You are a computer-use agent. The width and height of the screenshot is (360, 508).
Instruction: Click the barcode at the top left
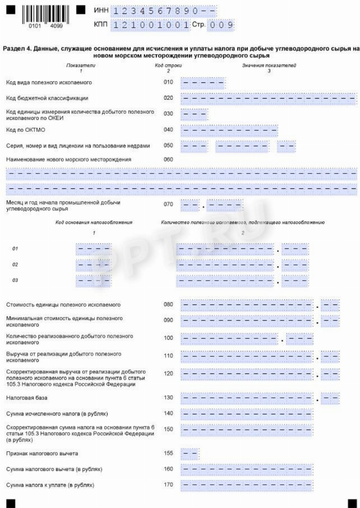(x=45, y=16)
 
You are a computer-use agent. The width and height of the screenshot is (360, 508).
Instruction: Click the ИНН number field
(x=164, y=11)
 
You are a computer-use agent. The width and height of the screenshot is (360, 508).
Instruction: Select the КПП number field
(x=150, y=25)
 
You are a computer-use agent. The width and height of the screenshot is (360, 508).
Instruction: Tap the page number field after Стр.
(x=221, y=25)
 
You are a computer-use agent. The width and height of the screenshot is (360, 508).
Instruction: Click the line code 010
(x=168, y=82)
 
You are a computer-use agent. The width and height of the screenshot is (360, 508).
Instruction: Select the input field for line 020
(x=269, y=98)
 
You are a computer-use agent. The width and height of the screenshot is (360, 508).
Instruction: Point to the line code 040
(x=168, y=130)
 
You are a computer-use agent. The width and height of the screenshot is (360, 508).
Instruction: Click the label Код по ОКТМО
(x=25, y=130)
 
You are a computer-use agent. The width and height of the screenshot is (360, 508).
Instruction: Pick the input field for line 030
(x=194, y=114)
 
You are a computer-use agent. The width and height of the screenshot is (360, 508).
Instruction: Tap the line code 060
(x=168, y=159)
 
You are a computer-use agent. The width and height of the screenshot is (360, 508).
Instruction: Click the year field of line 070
(x=224, y=205)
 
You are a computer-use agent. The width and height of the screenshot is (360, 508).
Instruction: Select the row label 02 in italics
(x=15, y=264)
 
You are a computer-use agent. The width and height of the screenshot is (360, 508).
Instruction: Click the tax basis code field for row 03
(x=93, y=281)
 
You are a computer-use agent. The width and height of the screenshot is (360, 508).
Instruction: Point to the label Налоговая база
(x=27, y=398)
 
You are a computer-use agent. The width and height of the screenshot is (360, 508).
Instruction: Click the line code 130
(x=168, y=397)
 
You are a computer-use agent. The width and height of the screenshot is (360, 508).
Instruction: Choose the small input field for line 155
(x=190, y=454)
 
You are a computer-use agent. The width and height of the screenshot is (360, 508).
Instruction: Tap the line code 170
(x=168, y=485)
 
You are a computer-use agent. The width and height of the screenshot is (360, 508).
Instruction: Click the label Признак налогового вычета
(x=42, y=454)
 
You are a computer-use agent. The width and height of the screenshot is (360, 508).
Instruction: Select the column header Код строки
(x=168, y=66)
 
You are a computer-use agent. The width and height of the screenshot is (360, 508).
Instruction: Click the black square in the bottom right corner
(x=352, y=503)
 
